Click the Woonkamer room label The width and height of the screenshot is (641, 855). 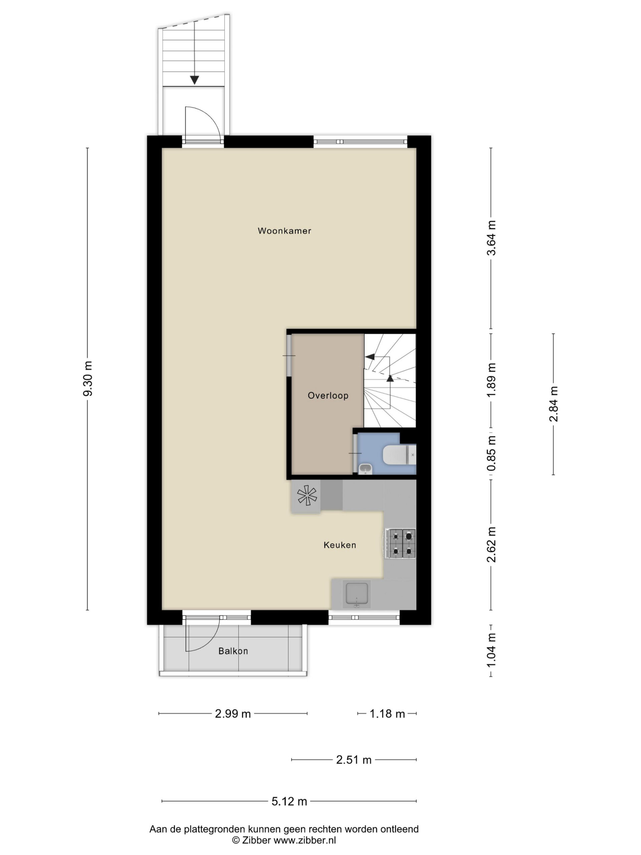coord(284,231)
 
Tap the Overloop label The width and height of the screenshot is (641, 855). coord(328,395)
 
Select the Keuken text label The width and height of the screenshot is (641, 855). coord(340,545)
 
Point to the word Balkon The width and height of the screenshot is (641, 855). coord(233,651)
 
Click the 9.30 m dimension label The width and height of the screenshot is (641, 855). coord(88,378)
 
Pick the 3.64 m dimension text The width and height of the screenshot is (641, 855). coord(491,238)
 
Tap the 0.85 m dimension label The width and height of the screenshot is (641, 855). coord(491,454)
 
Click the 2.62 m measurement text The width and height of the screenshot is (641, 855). coord(491,545)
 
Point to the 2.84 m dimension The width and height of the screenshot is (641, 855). coord(554,404)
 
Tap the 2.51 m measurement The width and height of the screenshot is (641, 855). coord(354,760)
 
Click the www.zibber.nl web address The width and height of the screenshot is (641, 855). coord(304,840)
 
